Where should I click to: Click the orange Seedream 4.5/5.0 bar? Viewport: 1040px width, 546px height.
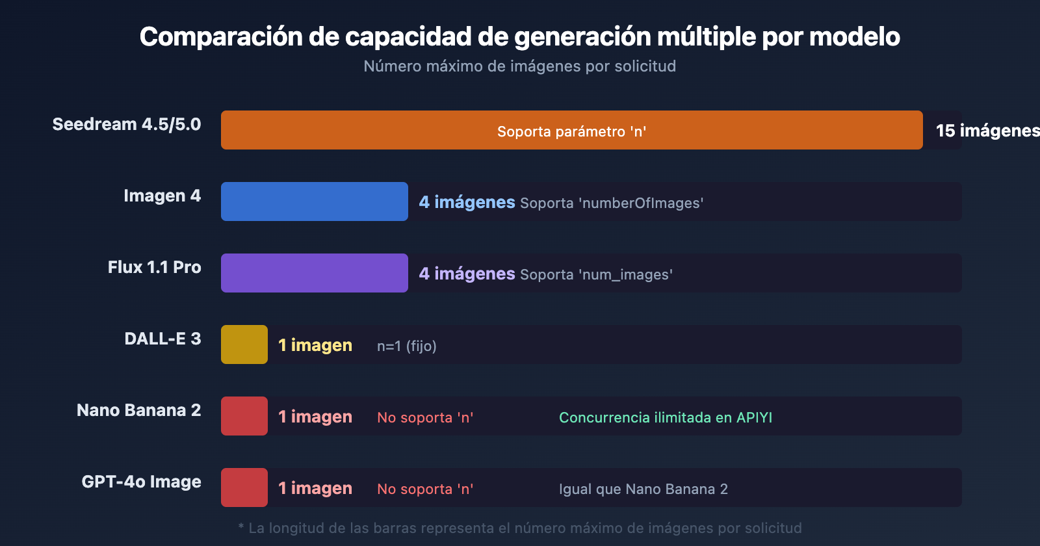point(571,130)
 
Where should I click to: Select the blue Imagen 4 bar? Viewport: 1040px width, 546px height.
point(315,201)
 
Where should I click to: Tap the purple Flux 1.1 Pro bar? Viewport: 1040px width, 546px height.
point(315,273)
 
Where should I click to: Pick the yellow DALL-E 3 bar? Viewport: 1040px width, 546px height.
point(244,344)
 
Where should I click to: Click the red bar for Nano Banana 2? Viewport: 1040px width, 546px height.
point(244,416)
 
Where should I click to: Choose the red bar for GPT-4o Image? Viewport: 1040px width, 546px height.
point(244,487)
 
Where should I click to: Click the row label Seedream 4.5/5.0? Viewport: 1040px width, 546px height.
point(127,124)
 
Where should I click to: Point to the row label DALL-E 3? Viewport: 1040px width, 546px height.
point(162,339)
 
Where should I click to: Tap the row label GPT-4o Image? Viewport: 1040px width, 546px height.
point(141,482)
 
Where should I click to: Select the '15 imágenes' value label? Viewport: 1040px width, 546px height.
point(987,131)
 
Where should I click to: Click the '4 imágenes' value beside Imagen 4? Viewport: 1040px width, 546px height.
point(467,202)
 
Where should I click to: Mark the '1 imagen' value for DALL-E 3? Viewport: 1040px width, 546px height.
point(315,345)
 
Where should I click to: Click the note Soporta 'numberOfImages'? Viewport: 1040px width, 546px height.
point(612,203)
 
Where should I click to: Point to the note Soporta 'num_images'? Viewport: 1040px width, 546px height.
point(596,274)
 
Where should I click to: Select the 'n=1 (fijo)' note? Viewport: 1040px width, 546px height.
point(407,346)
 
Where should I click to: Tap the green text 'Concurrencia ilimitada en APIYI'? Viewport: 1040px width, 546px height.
point(666,417)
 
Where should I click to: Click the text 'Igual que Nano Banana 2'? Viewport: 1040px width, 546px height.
point(643,489)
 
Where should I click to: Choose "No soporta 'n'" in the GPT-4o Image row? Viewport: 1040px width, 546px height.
point(425,489)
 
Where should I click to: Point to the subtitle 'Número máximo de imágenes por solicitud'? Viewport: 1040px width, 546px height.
point(520,66)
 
